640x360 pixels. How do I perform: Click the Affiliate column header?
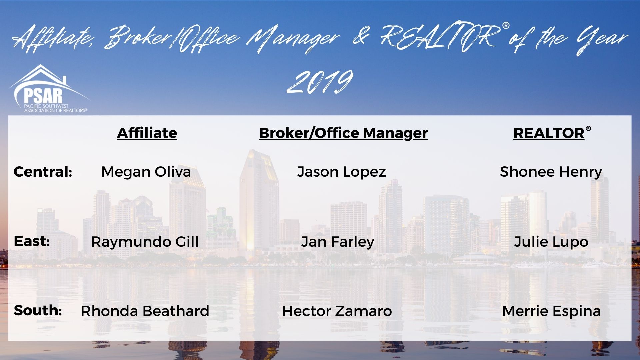tap(147, 133)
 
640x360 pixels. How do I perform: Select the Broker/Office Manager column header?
tap(343, 133)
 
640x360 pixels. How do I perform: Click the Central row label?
tap(43, 172)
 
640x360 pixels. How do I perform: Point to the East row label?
tap(32, 241)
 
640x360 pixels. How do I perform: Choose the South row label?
tap(38, 310)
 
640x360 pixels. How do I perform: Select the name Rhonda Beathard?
tap(145, 311)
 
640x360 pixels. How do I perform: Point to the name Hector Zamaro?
tap(337, 311)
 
